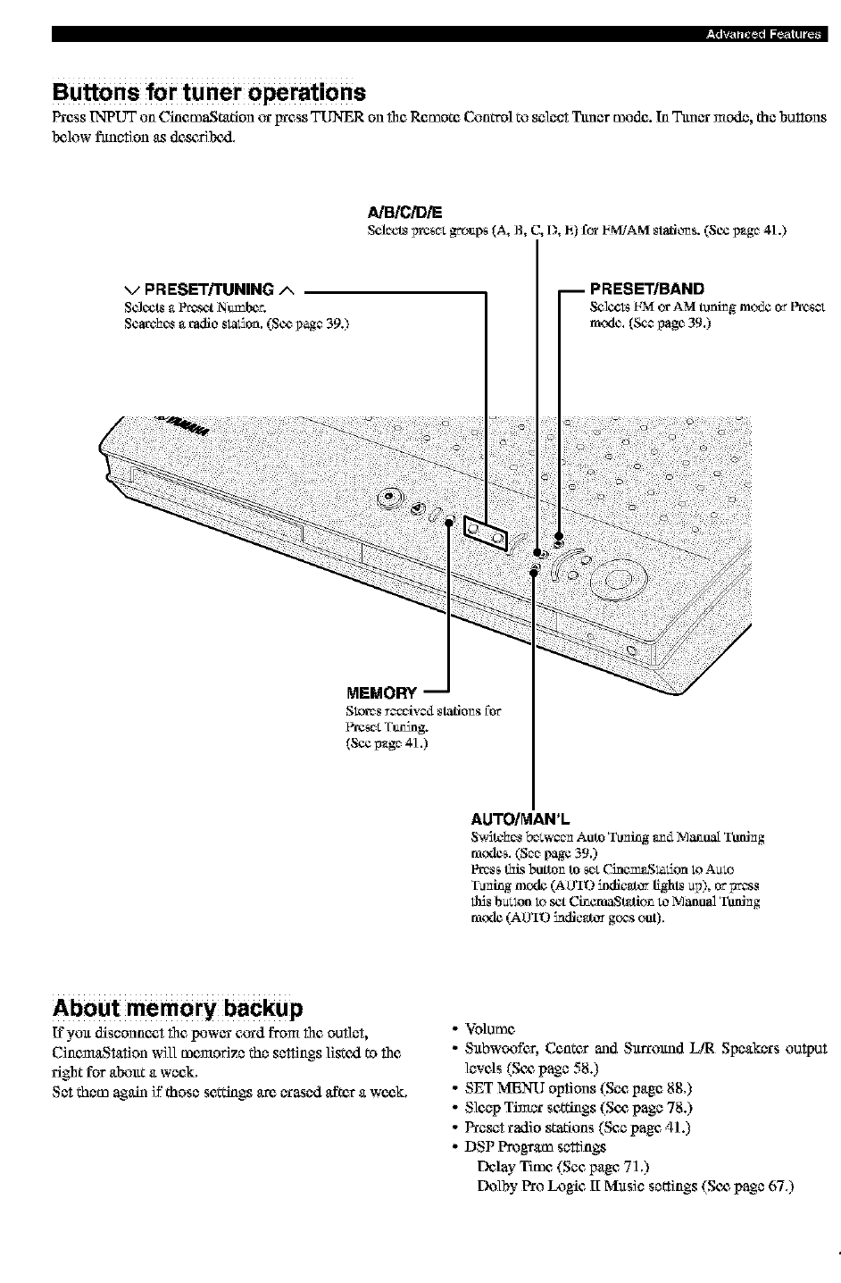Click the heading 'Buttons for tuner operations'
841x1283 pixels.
click(x=209, y=93)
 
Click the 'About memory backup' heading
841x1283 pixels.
click(x=178, y=1008)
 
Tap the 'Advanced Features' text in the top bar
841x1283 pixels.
click(x=762, y=35)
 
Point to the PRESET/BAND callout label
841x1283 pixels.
click(x=647, y=289)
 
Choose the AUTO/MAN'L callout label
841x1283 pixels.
click(x=520, y=818)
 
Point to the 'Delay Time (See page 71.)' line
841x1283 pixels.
click(x=563, y=1167)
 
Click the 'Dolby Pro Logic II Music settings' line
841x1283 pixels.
click(x=636, y=1187)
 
